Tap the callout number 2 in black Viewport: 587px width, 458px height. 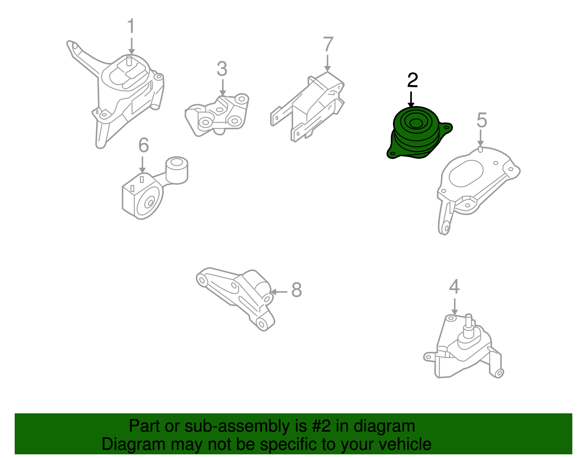coord(412,81)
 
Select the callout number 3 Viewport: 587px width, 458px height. coord(222,69)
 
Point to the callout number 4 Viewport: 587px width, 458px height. coord(454,287)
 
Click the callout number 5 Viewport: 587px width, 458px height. coord(481,120)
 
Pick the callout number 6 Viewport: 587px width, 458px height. coord(143,145)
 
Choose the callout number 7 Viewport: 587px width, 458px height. coord(328,45)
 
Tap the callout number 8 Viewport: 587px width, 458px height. coord(296,290)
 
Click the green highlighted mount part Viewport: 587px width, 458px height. coord(416,136)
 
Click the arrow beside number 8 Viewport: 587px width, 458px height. coord(279,292)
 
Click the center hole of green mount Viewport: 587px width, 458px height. coord(416,123)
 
